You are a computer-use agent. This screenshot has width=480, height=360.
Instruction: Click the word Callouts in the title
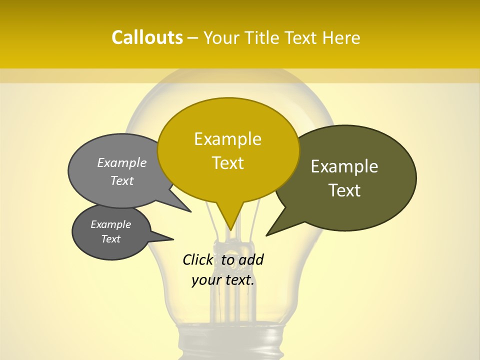pos(147,37)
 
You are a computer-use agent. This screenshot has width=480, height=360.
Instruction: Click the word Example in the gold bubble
pos(228,139)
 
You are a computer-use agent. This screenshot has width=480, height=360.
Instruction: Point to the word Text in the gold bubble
pos(228,163)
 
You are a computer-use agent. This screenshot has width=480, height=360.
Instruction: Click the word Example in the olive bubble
pos(344,166)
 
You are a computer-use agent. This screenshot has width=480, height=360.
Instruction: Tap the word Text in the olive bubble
pos(345,190)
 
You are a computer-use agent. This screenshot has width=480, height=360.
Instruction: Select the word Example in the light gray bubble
pos(122,163)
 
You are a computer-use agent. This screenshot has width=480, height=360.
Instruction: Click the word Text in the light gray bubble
pos(122,180)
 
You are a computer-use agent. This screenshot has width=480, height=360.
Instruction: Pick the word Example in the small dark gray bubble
pos(111,224)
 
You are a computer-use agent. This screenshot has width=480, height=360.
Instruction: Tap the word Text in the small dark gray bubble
pos(111,239)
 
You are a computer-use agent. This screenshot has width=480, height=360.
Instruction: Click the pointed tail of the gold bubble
pos(230,227)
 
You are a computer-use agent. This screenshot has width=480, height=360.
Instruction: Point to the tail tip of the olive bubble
pos(267,234)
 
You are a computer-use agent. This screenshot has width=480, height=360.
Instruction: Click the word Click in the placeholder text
pos(198,259)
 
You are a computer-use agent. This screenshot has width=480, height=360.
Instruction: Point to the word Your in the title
pos(220,37)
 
